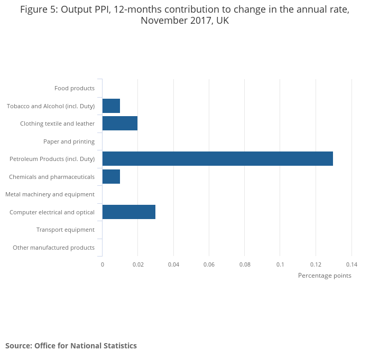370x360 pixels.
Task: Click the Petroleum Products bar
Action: click(x=217, y=159)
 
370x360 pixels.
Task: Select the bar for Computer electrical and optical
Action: click(x=128, y=212)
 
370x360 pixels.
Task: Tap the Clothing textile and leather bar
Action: click(x=119, y=124)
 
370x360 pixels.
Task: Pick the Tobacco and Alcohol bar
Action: click(x=111, y=106)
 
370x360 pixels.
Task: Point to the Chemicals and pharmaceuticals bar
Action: click(x=111, y=176)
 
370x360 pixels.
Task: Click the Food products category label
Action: click(x=75, y=88)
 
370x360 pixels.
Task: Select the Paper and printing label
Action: click(x=69, y=141)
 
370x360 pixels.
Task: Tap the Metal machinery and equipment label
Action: click(x=50, y=194)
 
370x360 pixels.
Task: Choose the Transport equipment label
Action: click(x=66, y=230)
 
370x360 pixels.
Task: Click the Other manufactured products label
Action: click(x=53, y=248)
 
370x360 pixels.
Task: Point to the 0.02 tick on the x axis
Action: click(x=137, y=264)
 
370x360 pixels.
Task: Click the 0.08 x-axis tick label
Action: click(x=244, y=264)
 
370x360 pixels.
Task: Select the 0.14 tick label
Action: click(x=351, y=264)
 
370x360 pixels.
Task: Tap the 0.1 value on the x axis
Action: click(x=280, y=264)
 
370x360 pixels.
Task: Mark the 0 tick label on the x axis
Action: click(x=102, y=264)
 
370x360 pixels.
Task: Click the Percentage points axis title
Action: click(x=325, y=276)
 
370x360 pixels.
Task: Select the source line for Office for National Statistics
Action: click(x=71, y=346)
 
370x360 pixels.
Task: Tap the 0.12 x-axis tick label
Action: click(x=316, y=264)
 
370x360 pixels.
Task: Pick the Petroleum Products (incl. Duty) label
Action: click(x=52, y=159)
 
